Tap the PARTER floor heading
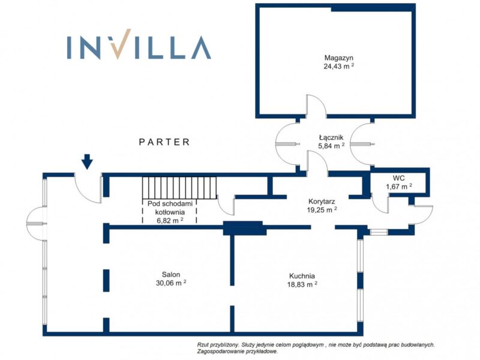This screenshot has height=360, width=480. point(164,142)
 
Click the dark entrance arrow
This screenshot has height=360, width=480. point(87,161)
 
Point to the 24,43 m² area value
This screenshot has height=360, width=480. point(339,66)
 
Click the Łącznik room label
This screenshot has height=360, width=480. point(331,138)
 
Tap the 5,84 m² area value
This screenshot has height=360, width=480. point(331,146)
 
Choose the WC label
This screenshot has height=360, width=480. point(399,178)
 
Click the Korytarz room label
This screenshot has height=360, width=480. point(322,202)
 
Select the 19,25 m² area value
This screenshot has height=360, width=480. point(322,210)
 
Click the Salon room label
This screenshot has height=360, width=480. point(171,275)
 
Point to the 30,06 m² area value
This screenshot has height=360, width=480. point(171,283)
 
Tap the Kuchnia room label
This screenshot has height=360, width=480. point(302,276)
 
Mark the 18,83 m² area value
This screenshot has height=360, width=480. point(302,284)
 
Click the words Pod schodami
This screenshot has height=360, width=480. point(170,203)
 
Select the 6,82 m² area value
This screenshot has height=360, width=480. point(170,220)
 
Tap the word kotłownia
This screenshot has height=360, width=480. point(170,212)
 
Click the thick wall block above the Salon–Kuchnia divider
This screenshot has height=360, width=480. point(244,228)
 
